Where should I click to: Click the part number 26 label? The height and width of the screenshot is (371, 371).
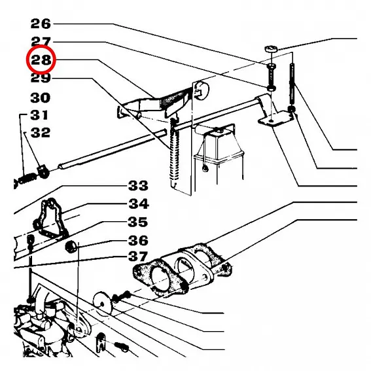41,24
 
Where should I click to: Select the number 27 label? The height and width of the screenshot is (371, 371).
41,41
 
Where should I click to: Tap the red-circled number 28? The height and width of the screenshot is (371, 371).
41,60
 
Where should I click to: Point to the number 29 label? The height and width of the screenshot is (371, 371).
41,78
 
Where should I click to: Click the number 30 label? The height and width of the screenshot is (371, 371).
40,97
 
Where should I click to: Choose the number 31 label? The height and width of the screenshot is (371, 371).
39,115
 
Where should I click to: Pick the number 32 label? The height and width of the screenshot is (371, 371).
41,132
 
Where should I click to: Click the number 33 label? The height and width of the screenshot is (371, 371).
138,186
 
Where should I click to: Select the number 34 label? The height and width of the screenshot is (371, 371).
139,203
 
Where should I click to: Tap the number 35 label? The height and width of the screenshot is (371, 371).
137,222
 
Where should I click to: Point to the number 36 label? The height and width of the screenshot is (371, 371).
138,240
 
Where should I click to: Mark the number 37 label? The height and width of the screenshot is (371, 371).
138,256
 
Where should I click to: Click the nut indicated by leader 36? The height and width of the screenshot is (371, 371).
71,247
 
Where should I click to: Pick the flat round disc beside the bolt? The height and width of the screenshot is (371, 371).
103,303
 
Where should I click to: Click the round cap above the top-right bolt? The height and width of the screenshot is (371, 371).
271,50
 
